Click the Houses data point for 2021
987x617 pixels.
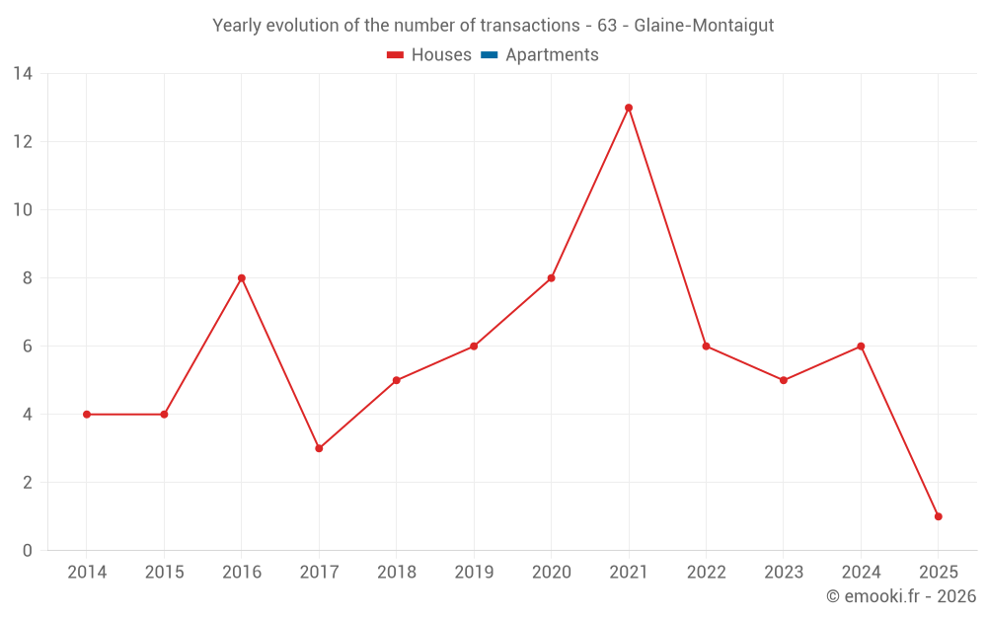tap(629, 108)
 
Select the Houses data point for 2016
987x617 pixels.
tap(241, 278)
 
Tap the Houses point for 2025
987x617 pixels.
tap(938, 516)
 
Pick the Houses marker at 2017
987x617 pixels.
tap(319, 448)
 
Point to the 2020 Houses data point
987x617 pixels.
tap(551, 278)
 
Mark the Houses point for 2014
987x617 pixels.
tap(87, 415)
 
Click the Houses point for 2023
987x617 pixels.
tap(784, 380)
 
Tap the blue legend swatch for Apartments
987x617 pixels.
tap(489, 55)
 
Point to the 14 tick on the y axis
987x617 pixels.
tap(23, 74)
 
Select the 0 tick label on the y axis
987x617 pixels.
tap(28, 551)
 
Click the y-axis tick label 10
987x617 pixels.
tap(23, 210)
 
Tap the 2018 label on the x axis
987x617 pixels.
tap(396, 573)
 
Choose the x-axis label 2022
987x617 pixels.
tap(706, 573)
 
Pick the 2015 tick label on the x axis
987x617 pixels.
tap(164, 573)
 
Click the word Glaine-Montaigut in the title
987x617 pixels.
tap(704, 26)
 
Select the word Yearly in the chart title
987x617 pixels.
tap(238, 26)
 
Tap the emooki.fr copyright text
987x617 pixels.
tap(901, 596)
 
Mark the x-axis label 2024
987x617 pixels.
tap(861, 573)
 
